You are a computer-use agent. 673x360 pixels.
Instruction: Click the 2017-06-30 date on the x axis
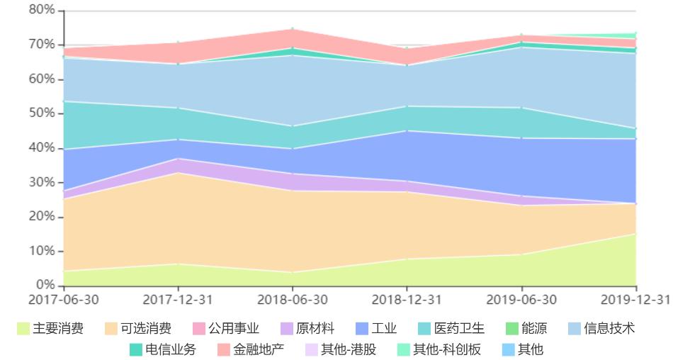[64, 300]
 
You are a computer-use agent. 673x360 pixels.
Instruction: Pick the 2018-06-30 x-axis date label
[293, 300]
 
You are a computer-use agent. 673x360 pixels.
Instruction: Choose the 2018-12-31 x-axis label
[407, 300]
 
